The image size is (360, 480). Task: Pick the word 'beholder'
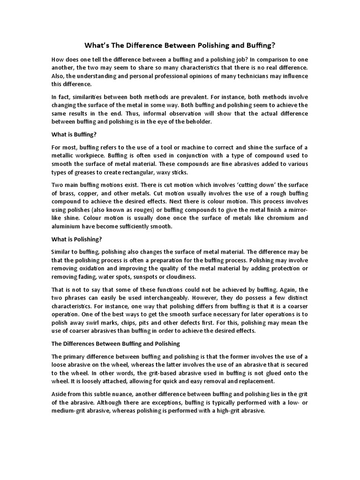(197, 122)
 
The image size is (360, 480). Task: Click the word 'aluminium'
(66, 226)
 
